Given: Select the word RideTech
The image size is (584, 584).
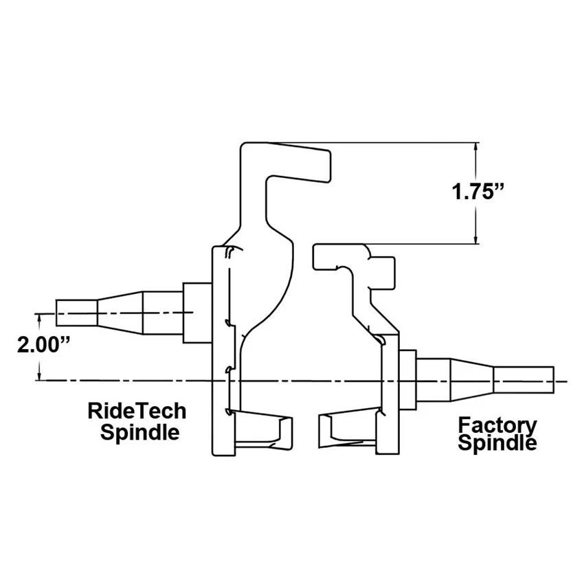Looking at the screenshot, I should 137,411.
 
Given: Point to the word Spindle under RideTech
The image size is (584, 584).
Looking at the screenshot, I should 139,432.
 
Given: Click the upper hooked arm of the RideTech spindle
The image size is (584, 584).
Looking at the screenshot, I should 289,161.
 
